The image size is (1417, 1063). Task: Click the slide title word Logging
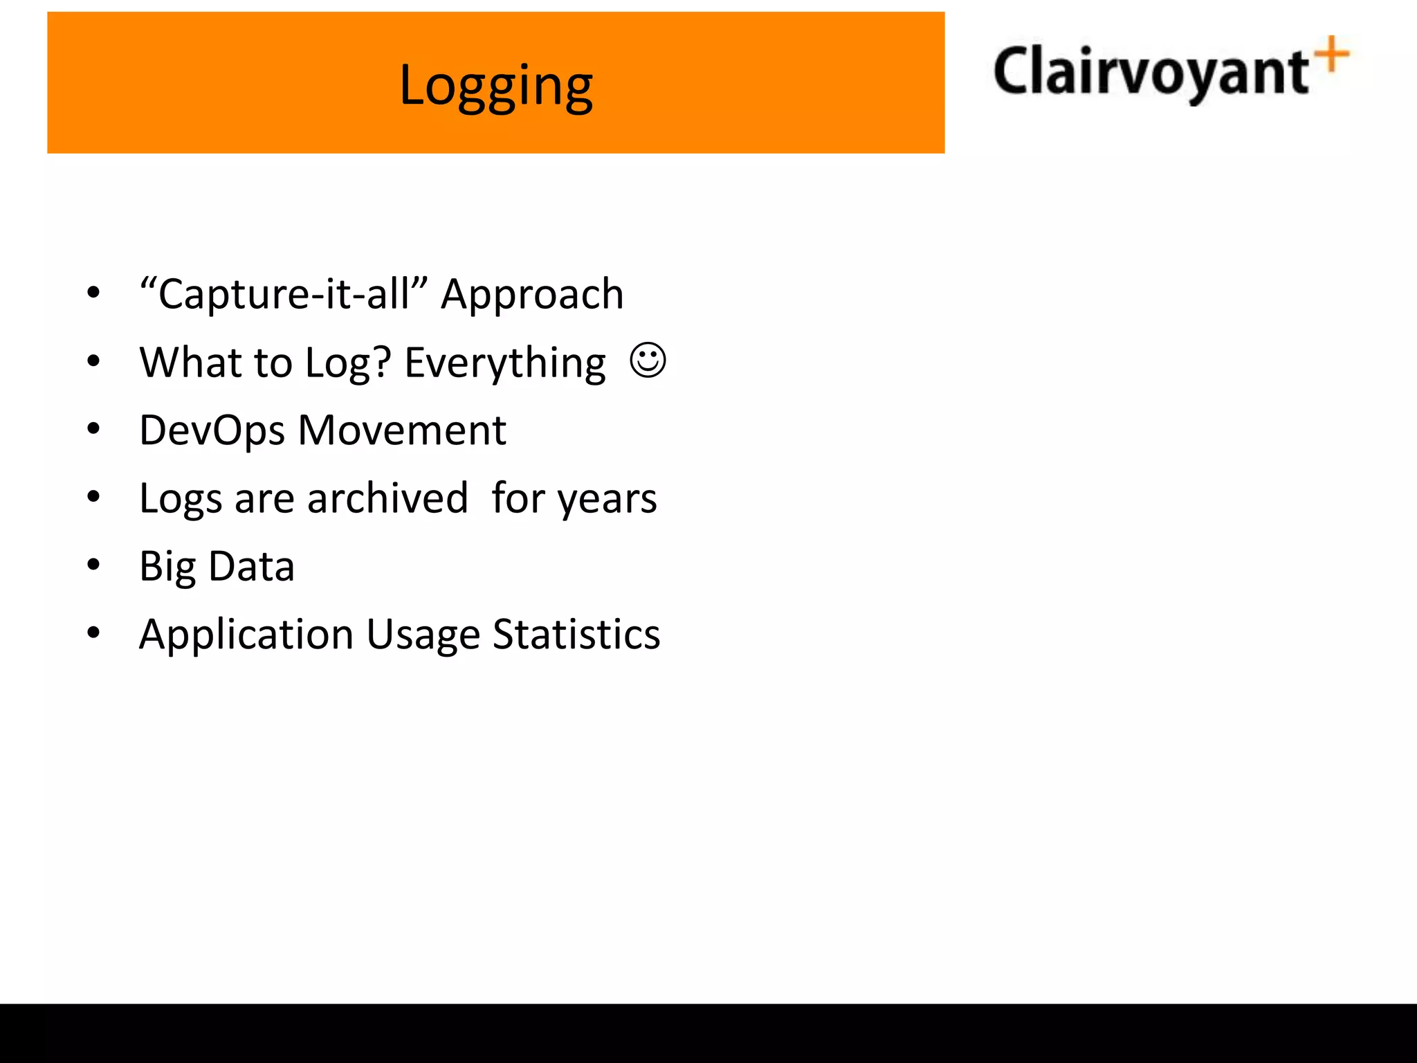[x=496, y=86]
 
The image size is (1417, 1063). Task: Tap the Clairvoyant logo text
[x=1150, y=72]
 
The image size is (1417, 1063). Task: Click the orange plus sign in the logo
[x=1332, y=55]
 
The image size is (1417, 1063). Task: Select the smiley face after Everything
[x=648, y=361]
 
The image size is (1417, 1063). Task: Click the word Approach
[x=532, y=294]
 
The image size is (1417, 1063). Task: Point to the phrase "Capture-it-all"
[x=284, y=294]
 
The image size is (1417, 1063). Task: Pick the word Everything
[x=505, y=363]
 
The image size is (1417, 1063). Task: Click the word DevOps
[x=212, y=430]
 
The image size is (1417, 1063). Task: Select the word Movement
[x=402, y=430]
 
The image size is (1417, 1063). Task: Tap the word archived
[x=387, y=498]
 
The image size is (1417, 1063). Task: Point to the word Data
[x=251, y=566]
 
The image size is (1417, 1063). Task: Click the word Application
[x=246, y=635]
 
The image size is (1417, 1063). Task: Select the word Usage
[x=423, y=635]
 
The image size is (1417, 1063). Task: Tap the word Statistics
[x=576, y=635]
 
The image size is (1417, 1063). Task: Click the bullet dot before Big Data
[x=93, y=565]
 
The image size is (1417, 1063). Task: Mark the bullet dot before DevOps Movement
[x=93, y=429]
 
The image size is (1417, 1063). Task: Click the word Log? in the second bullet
[x=348, y=363]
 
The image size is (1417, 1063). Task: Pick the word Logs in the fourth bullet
[x=181, y=499]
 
